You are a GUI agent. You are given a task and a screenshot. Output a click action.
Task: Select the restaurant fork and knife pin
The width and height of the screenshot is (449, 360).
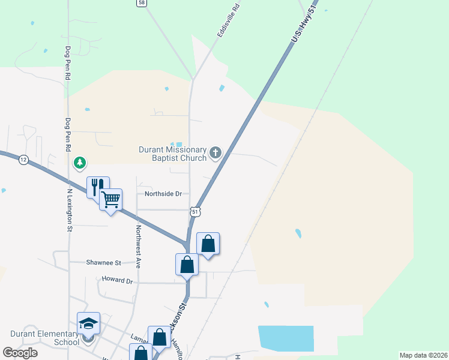[97, 187]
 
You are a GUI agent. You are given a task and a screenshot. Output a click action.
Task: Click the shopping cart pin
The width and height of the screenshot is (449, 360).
[111, 199]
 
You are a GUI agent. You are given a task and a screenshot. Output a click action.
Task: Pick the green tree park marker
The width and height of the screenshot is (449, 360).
[79, 163]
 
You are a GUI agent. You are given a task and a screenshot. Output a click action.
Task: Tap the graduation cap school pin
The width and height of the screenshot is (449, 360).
[88, 323]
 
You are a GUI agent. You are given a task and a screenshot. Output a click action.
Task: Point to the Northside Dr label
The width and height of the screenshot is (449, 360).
[163, 194]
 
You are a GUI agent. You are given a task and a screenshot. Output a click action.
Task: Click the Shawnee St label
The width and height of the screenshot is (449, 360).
[103, 263]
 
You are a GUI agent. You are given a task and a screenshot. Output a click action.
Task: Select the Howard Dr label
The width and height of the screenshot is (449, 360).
[116, 280]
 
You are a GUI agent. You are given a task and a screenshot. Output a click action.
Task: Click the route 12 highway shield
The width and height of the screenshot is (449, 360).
[23, 160]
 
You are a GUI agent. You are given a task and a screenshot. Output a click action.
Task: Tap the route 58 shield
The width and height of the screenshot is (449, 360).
[141, 3]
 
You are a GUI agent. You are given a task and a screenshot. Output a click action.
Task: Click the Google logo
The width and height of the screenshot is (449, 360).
[20, 352]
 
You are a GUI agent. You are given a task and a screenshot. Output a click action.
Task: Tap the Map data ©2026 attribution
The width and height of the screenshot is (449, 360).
[423, 355]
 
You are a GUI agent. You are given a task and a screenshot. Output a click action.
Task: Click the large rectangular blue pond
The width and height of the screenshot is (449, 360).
[286, 338]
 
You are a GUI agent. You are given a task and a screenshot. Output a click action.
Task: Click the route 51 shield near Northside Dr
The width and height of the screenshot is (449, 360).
[195, 212]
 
